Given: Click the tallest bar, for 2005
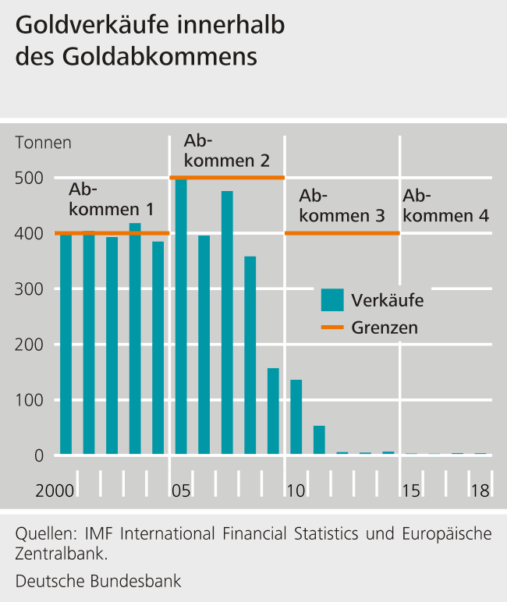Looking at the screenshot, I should pyautogui.click(x=181, y=316).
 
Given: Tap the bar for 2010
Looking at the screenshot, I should pyautogui.click(x=296, y=416).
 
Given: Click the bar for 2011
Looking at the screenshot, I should pyautogui.click(x=319, y=440).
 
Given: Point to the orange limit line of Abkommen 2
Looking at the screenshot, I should pyautogui.click(x=227, y=178).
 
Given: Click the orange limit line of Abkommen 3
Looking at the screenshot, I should pyautogui.click(x=342, y=233).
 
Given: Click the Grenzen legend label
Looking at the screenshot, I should pyautogui.click(x=384, y=328).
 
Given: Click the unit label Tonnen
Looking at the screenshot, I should pyautogui.click(x=43, y=143).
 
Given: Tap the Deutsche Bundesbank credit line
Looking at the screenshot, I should pyautogui.click(x=97, y=581).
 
